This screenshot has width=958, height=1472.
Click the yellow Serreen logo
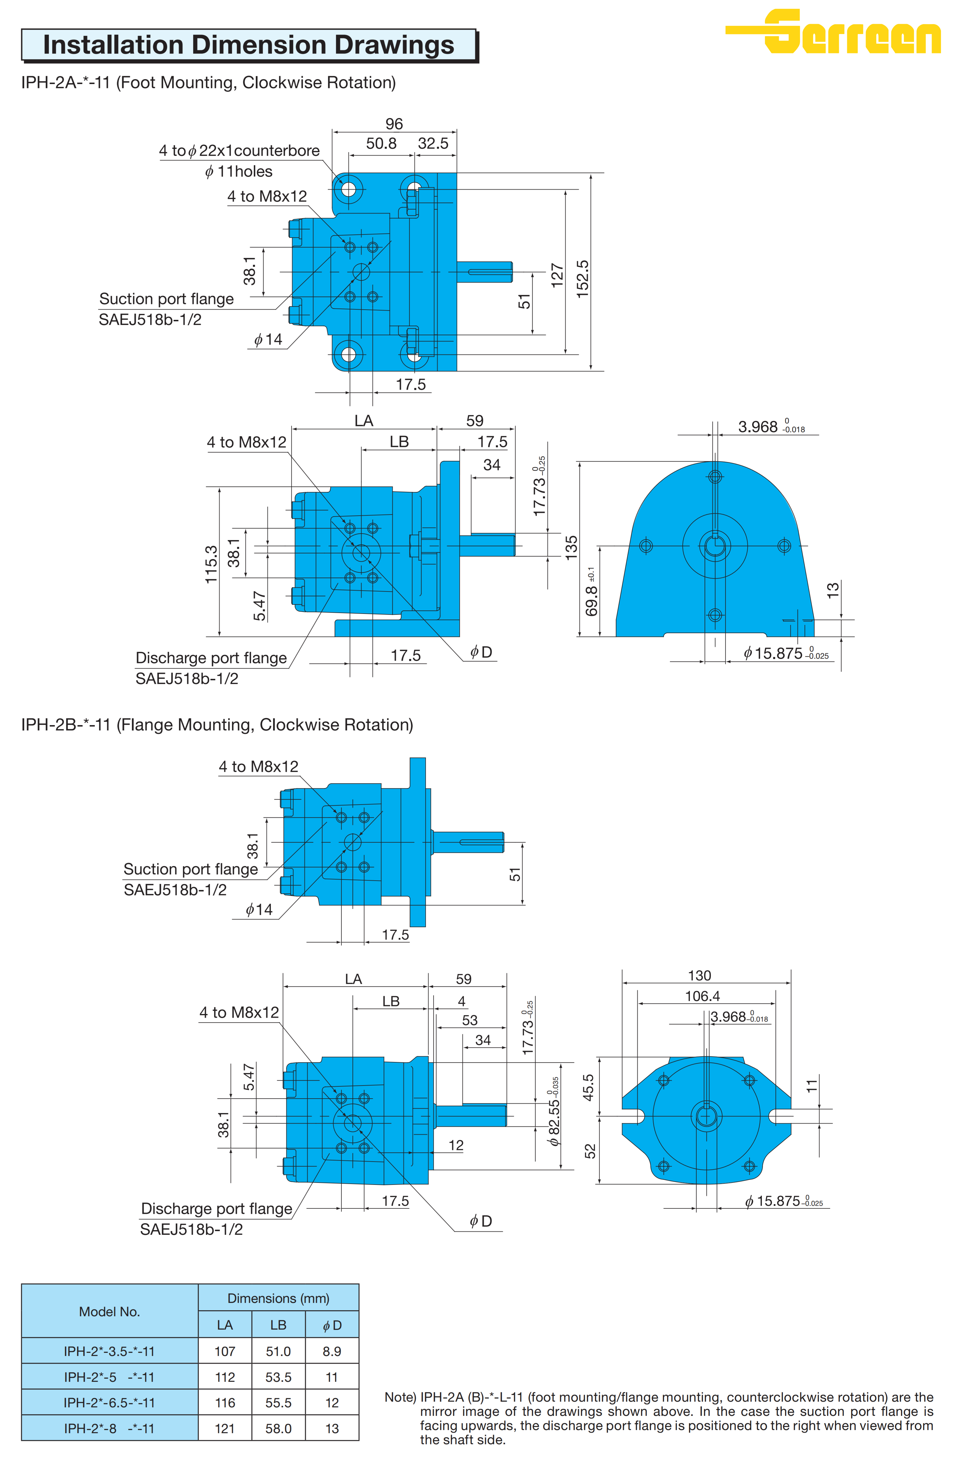[x=833, y=32]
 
